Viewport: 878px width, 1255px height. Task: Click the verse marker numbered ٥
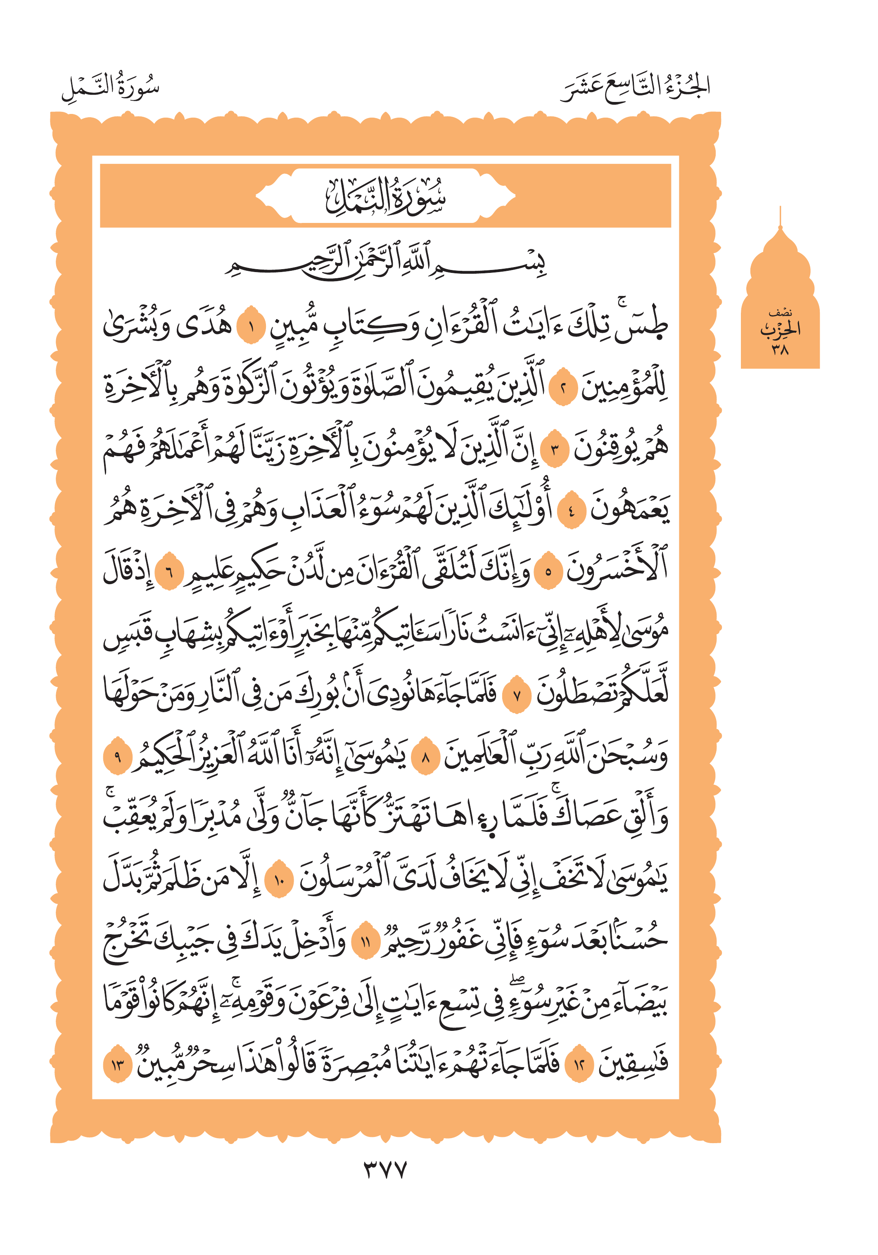pyautogui.click(x=548, y=572)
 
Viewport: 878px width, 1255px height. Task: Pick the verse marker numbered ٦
pyautogui.click(x=169, y=572)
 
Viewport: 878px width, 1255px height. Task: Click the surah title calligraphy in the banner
pyautogui.click(x=385, y=197)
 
